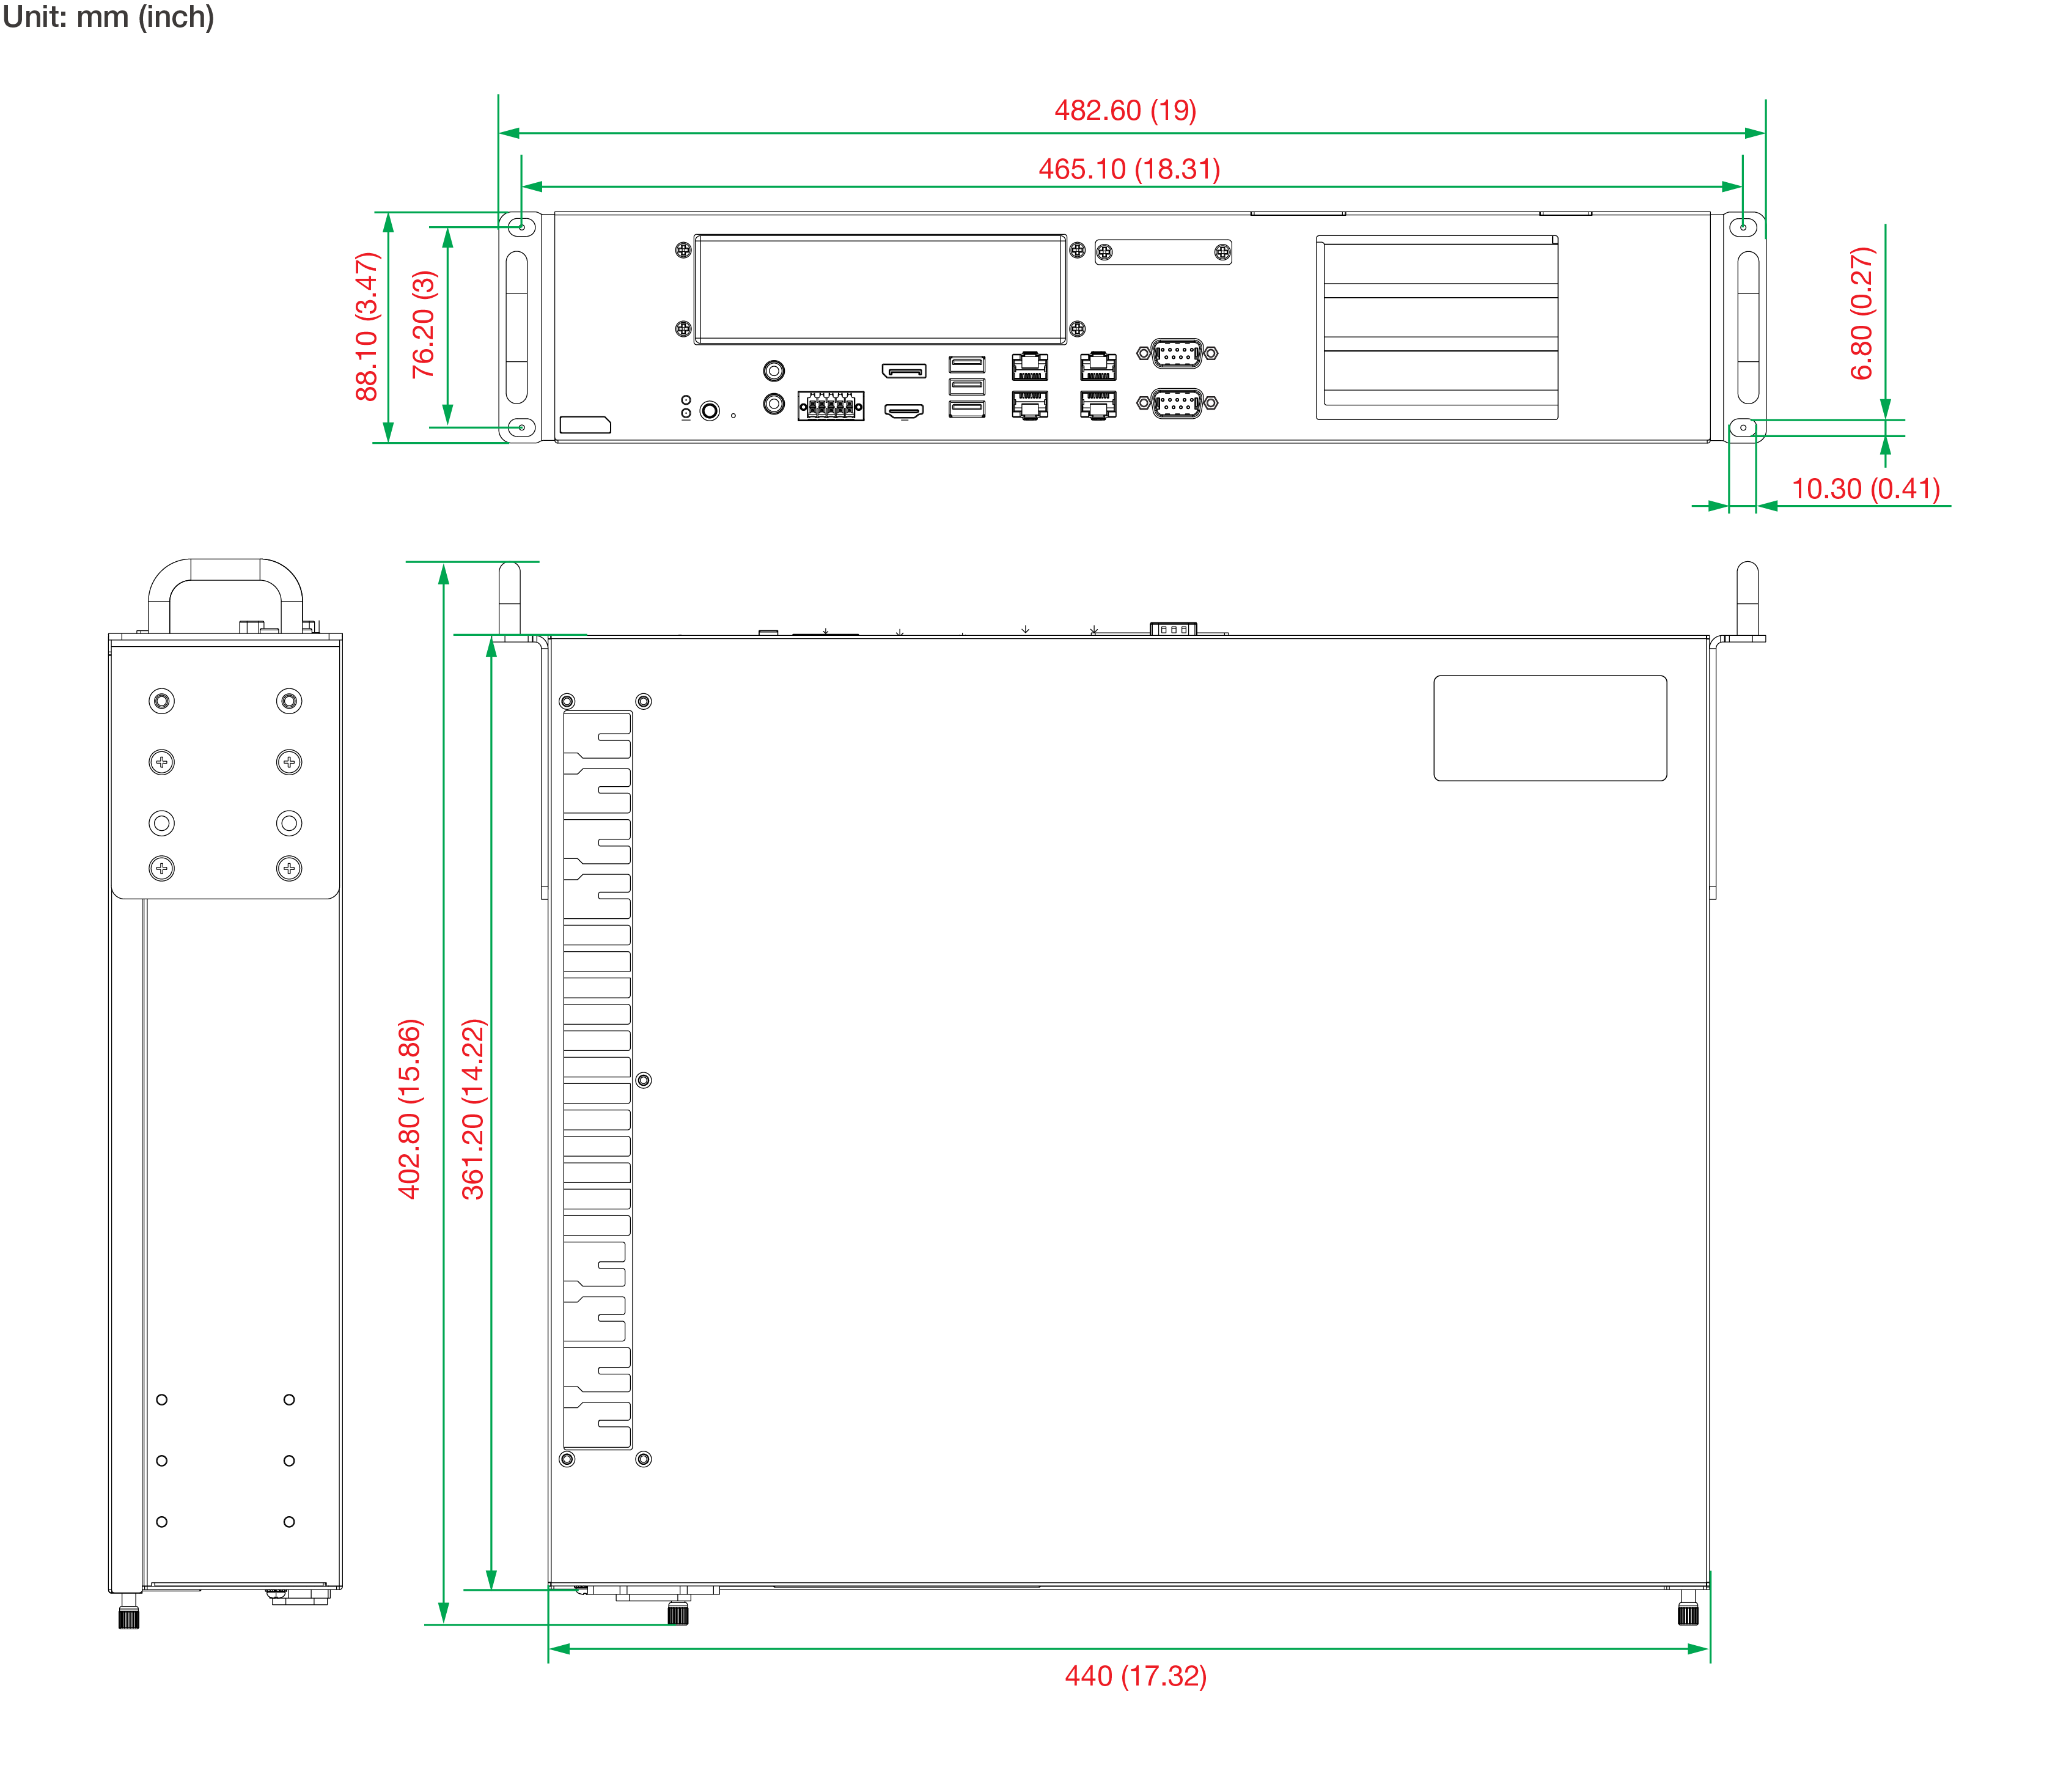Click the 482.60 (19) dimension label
pyautogui.click(x=1125, y=110)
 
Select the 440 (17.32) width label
pyautogui.click(x=1136, y=1675)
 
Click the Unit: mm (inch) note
pyautogui.click(x=108, y=17)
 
